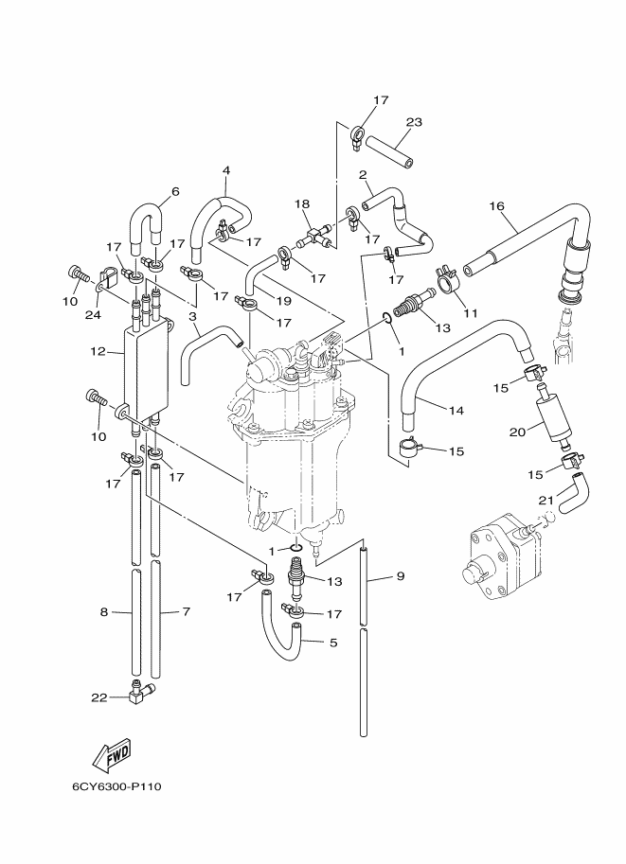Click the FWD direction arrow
click(112, 752)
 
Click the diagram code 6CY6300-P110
click(116, 786)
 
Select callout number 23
click(414, 122)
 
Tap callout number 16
click(496, 206)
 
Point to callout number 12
click(98, 351)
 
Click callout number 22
click(99, 697)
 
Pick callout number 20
click(517, 432)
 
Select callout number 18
click(302, 203)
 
